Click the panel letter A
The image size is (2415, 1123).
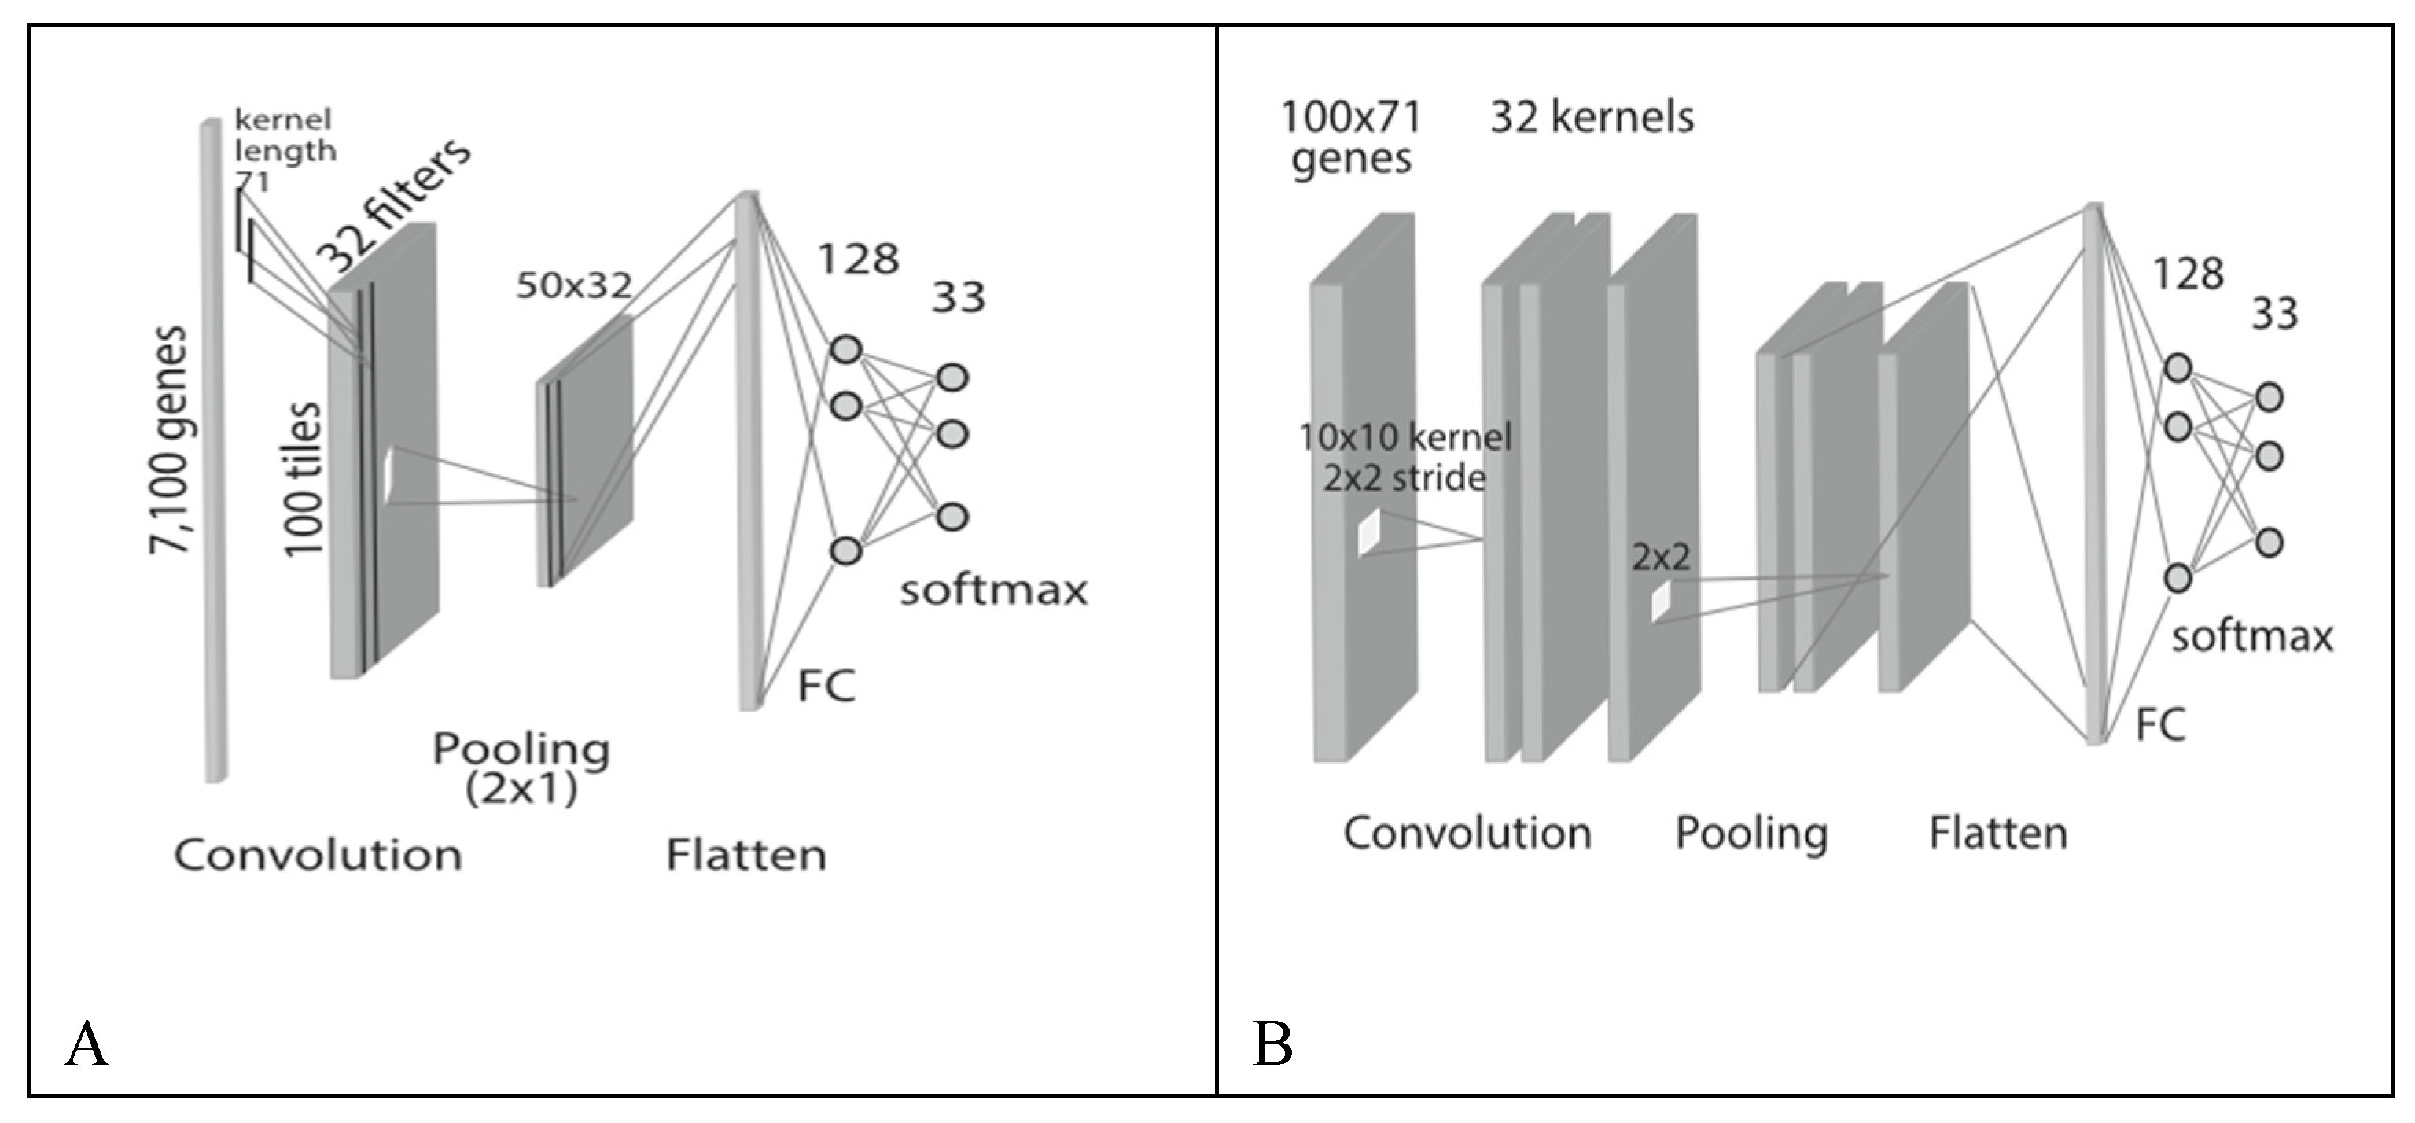pos(87,1045)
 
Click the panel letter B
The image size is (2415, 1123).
pos(1272,1045)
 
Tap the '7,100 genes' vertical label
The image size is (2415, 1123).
pos(169,440)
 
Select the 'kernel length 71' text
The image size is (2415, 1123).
pos(282,150)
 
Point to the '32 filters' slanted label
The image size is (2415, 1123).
pos(394,204)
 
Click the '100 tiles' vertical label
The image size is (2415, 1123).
pos(303,480)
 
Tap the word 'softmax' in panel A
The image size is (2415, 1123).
pos(994,591)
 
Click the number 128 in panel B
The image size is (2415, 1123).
pos(2188,274)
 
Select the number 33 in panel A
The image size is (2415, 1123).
pos(958,298)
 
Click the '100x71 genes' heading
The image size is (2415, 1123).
pos(1351,138)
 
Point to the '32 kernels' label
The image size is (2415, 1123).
pos(1592,118)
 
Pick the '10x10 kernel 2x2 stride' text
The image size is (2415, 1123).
pos(1404,458)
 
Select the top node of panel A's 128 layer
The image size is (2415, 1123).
pos(845,350)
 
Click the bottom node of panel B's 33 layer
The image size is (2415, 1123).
pos(2269,543)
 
